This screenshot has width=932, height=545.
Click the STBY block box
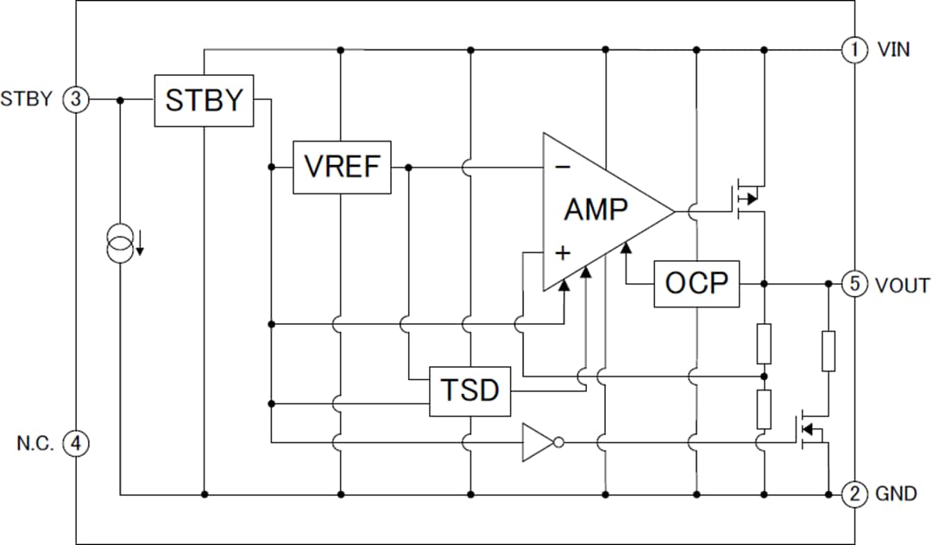point(205,100)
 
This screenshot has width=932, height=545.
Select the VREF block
point(342,167)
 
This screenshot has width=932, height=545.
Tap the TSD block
point(469,390)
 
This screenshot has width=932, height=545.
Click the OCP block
point(696,283)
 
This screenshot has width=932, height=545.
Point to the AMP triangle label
point(596,209)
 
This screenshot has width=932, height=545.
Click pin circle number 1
point(853,49)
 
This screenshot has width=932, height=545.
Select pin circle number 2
point(853,494)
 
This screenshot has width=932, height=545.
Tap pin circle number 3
point(76,99)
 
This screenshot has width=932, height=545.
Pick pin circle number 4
point(76,443)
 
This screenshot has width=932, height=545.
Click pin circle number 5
point(853,283)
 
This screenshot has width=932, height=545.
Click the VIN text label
point(893,49)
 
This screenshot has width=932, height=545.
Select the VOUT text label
point(902,284)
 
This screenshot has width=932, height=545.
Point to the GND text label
point(895,495)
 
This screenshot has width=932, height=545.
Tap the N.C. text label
point(35,443)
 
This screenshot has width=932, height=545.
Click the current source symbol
point(121,244)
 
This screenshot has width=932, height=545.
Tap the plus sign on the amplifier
point(563,252)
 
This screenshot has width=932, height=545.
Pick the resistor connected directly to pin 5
point(828,351)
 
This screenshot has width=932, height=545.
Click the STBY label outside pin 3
point(27,99)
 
